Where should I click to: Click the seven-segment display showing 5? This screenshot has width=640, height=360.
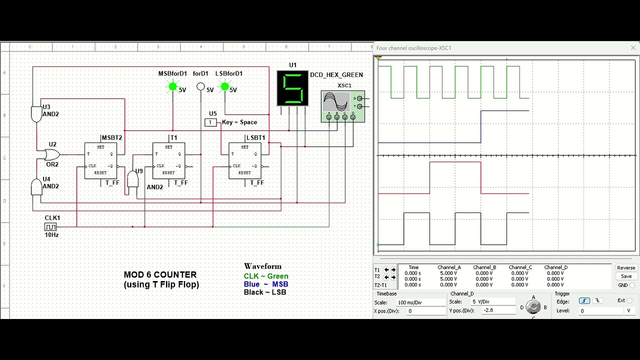[x=292, y=88]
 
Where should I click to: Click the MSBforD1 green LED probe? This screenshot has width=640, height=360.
[x=173, y=87]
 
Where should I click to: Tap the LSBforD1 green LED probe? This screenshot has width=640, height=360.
[x=224, y=87]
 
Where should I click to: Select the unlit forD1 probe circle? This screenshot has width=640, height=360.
[x=200, y=87]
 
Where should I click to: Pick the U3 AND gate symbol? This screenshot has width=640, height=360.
[x=36, y=114]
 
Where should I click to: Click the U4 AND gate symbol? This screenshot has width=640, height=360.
[x=36, y=187]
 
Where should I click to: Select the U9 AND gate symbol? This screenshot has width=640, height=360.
[x=132, y=179]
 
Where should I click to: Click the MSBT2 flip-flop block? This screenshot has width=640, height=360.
[x=100, y=160]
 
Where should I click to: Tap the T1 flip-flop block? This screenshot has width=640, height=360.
[x=168, y=160]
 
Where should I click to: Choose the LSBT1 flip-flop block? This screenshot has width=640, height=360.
[x=244, y=160]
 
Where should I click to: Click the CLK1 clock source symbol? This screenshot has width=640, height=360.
[x=50, y=227]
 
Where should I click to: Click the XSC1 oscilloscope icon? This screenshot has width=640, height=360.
[x=342, y=106]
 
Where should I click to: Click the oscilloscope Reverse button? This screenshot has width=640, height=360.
[x=626, y=268]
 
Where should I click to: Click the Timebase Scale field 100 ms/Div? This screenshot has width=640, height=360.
[x=420, y=302]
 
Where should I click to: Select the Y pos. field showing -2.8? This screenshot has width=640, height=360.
[x=498, y=310]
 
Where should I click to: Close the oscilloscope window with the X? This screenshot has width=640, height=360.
[x=633, y=48]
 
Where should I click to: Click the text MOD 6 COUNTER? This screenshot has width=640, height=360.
[x=160, y=274]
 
